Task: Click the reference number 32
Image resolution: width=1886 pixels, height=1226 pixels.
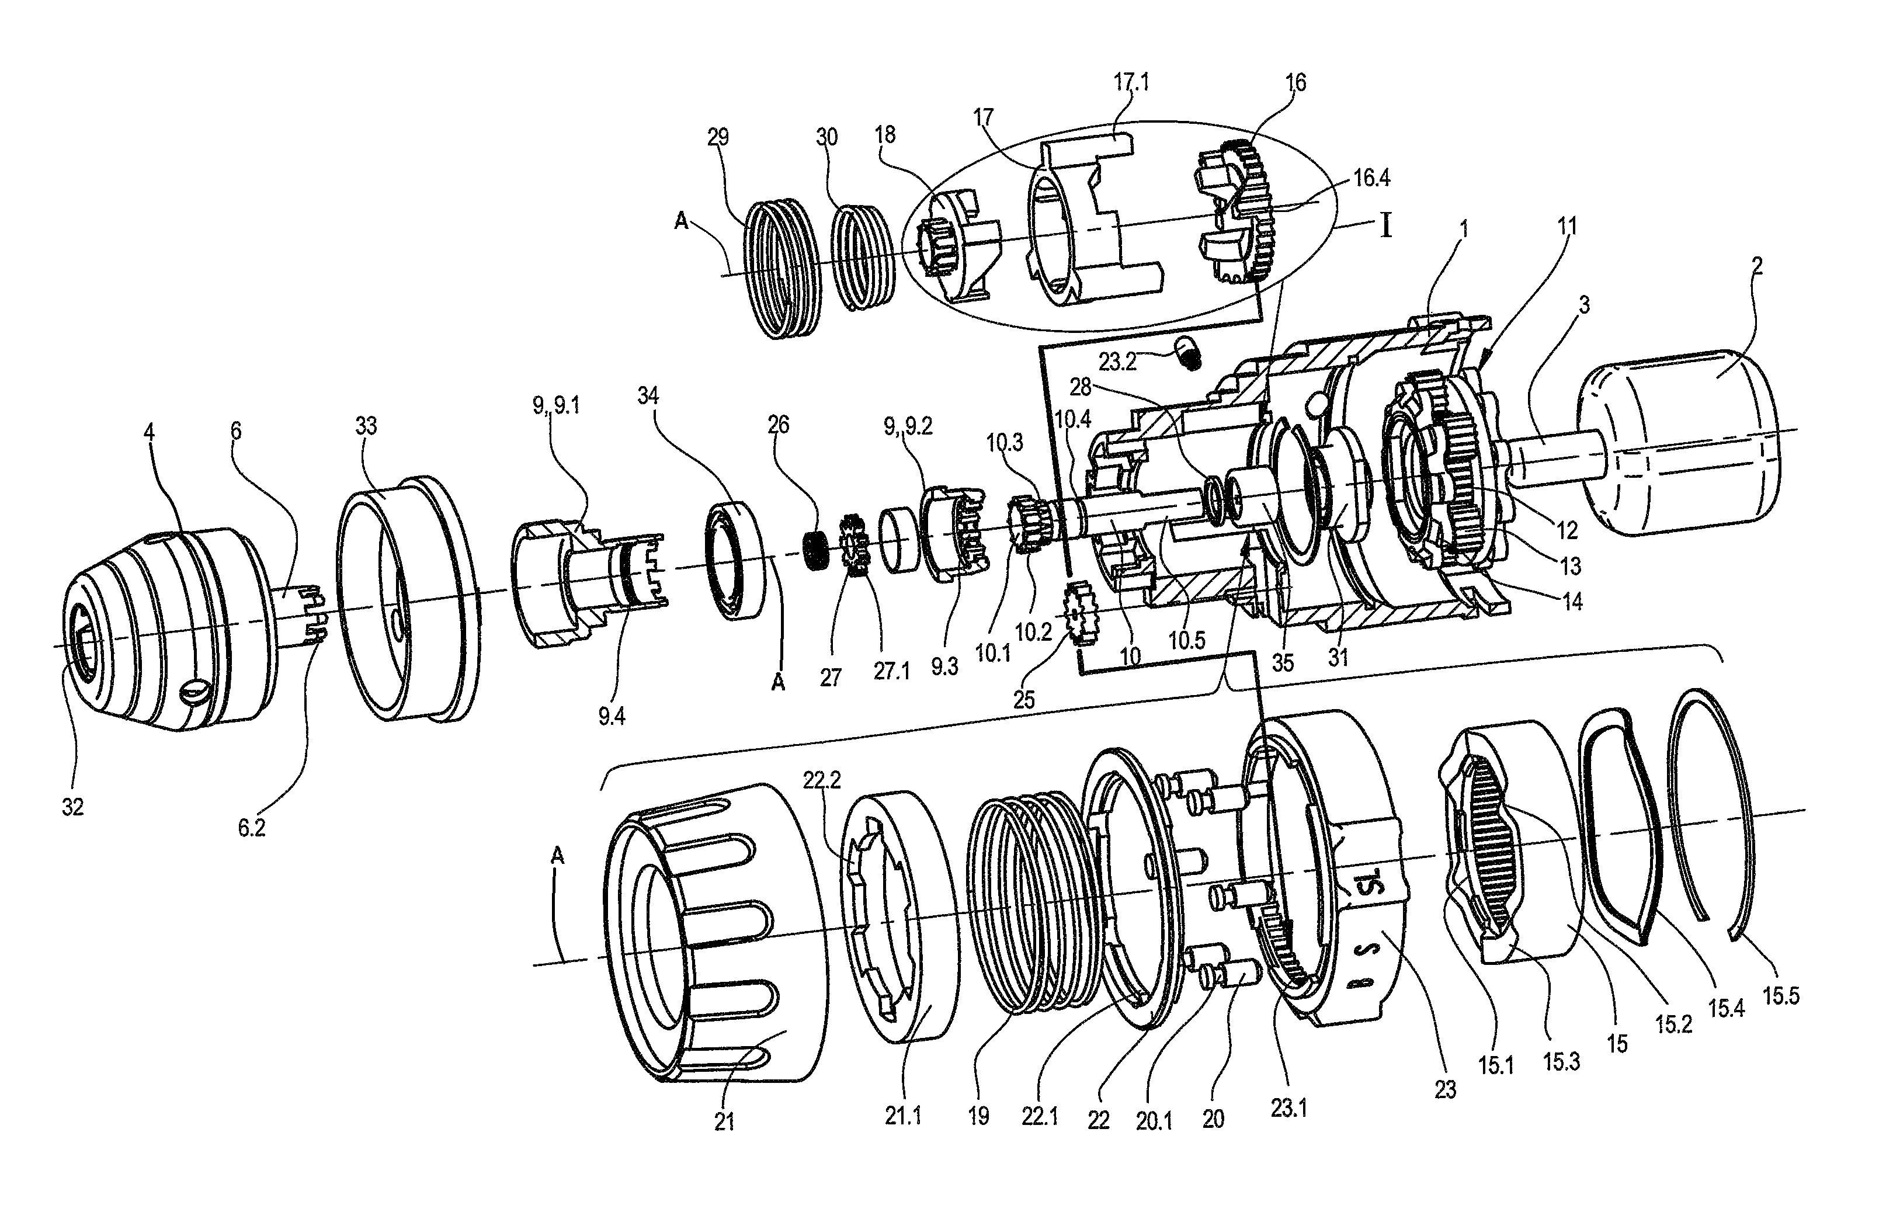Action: click(x=73, y=807)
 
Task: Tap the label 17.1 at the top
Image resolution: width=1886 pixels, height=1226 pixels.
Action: click(x=1131, y=82)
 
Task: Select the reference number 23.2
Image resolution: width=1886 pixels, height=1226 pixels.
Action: click(x=1117, y=362)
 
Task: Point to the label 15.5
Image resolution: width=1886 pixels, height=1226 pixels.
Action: click(x=1781, y=995)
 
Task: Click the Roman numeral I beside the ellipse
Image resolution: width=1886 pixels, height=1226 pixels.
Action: click(x=1385, y=227)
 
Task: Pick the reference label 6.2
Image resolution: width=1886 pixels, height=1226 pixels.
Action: click(x=251, y=828)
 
